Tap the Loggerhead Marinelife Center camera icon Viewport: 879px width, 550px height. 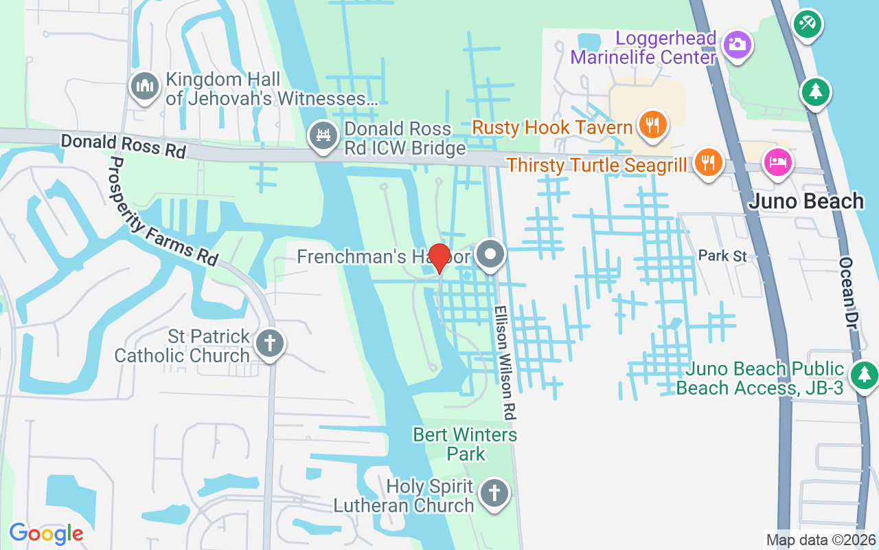tap(737, 45)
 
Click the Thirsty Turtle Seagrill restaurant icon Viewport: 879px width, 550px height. tap(706, 162)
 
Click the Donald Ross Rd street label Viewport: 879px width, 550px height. tap(123, 145)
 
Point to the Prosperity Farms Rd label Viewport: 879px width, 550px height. tap(163, 212)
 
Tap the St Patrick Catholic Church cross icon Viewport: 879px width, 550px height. tap(270, 342)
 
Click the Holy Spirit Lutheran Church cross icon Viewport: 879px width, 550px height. tap(493, 492)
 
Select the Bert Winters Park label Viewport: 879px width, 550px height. tap(465, 444)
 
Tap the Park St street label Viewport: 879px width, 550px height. tap(722, 256)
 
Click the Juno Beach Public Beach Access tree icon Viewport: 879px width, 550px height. tap(864, 375)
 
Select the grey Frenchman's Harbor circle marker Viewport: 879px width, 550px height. tap(490, 254)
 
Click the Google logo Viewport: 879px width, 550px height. tap(46, 533)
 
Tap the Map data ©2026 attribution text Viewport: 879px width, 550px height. tap(821, 540)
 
